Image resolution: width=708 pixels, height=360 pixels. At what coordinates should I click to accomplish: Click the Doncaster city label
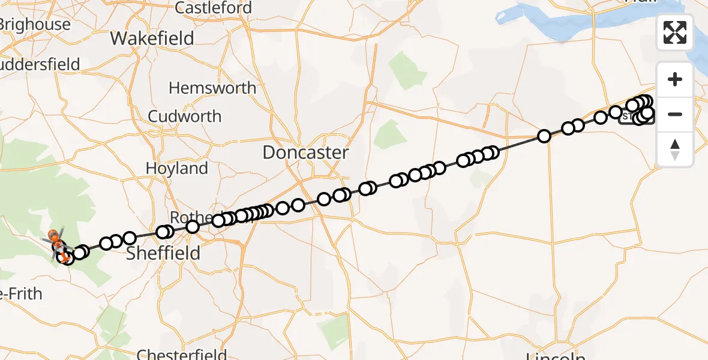305,152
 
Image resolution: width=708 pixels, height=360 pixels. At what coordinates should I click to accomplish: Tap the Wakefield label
152,38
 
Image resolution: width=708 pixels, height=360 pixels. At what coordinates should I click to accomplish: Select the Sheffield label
163,253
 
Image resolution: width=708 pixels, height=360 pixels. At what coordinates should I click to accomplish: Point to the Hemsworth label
212,88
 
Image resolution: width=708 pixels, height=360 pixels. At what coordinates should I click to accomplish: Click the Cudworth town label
185,116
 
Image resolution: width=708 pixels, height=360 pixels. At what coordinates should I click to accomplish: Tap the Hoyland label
176,169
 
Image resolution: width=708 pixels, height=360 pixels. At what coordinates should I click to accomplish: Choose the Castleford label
213,8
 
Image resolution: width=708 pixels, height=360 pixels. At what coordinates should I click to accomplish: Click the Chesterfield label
181,353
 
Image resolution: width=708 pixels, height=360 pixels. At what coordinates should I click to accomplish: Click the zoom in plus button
675,80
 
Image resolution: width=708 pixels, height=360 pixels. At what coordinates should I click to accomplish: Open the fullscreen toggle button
675,32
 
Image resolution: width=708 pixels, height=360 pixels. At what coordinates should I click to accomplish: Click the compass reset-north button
675,149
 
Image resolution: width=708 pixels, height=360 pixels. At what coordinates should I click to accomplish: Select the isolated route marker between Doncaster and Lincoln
544,136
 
